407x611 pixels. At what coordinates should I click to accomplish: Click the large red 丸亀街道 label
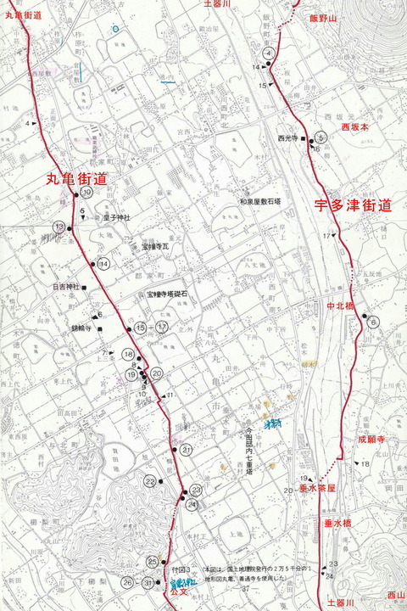76,178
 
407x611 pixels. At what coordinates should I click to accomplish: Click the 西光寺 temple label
289,137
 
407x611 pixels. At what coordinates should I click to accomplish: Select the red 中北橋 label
342,305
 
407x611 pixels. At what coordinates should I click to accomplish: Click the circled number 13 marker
59,227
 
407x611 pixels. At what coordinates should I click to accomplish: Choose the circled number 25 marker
153,562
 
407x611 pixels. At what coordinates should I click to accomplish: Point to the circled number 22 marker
150,482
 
